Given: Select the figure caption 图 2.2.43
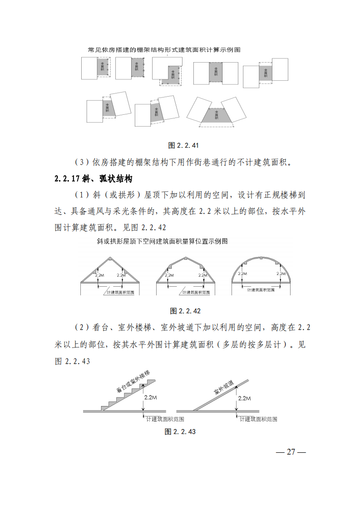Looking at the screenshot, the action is coord(180,431).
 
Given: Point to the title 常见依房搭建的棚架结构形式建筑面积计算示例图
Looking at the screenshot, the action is coord(164,49).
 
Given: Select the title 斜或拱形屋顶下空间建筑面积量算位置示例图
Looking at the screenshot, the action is coord(162,241).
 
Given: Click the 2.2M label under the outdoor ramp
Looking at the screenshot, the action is coord(244,398).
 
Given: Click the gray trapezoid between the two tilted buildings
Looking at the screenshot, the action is coord(217,116).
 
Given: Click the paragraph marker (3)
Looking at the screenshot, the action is coord(79,162).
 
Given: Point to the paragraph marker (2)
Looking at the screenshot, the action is coord(79,327).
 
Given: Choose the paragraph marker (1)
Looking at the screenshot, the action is coord(79,196).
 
